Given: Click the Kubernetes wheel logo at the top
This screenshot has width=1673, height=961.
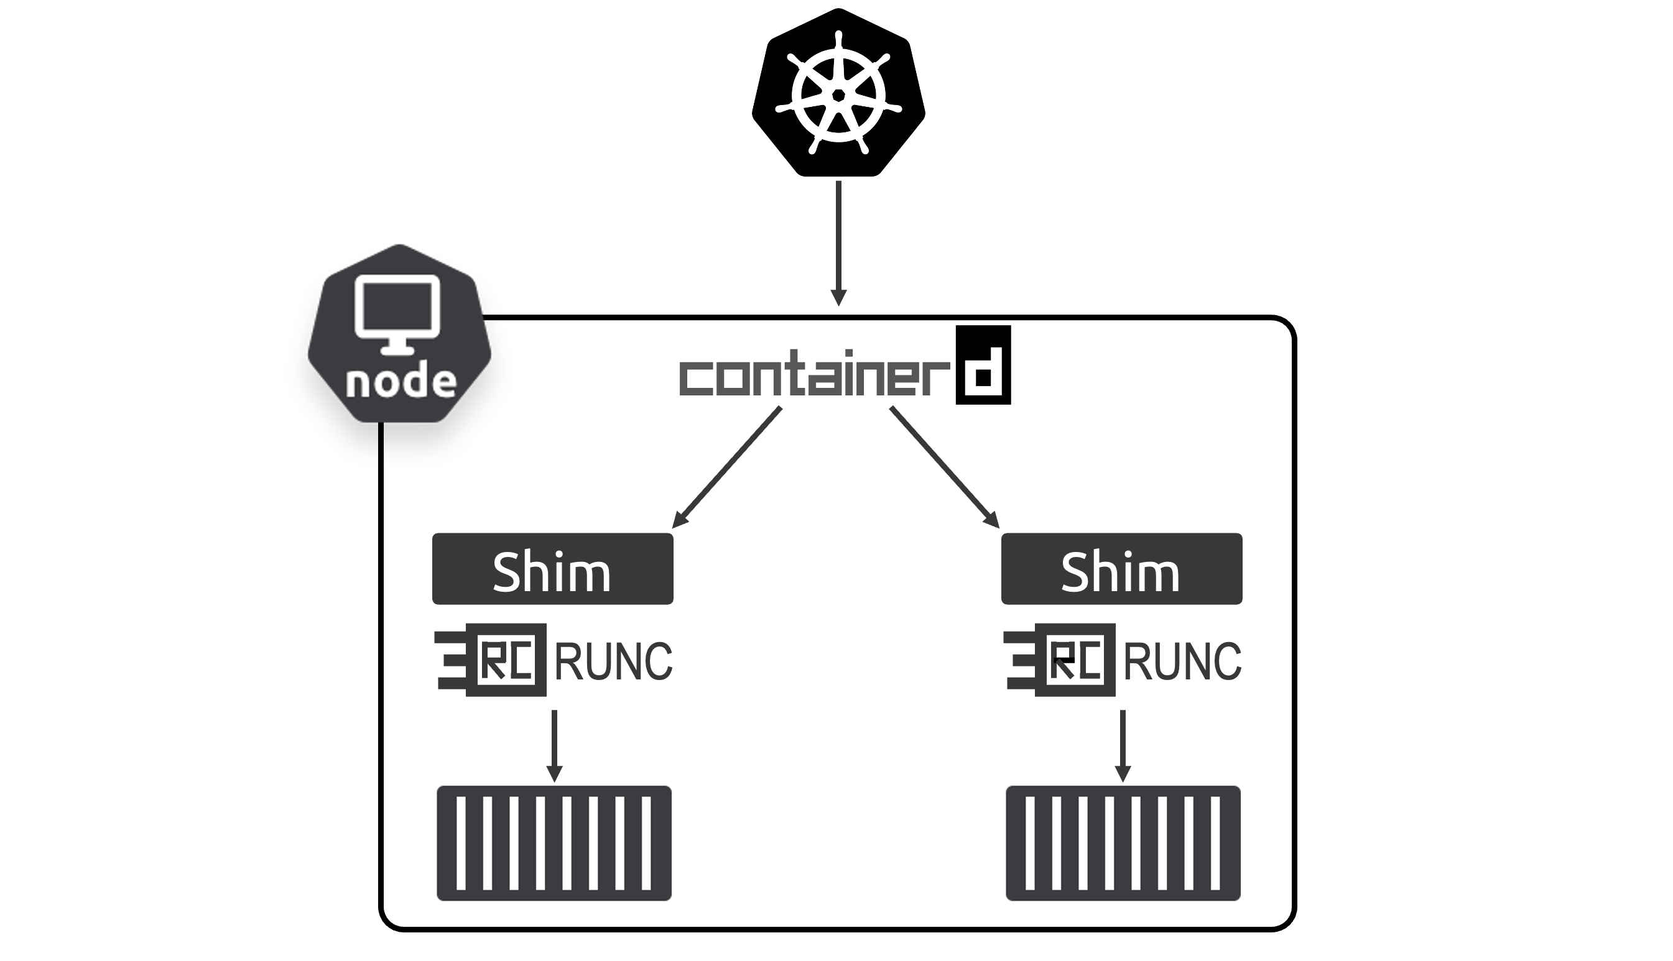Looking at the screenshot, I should [x=838, y=93].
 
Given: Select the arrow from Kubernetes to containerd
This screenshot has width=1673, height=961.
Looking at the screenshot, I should [x=838, y=237].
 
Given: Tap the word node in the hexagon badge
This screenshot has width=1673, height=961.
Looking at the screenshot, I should [x=401, y=382].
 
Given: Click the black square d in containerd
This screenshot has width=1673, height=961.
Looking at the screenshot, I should [x=983, y=366].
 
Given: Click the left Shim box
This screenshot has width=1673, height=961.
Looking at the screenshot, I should [x=553, y=569].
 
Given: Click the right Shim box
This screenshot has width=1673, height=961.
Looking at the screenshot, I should [x=1121, y=569].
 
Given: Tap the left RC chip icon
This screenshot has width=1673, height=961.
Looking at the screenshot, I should [x=493, y=660].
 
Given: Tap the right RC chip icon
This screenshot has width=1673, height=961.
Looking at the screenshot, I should [x=1061, y=660].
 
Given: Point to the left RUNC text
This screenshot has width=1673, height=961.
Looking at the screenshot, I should [x=613, y=661].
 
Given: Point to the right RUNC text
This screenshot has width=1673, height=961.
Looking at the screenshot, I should [x=1182, y=661].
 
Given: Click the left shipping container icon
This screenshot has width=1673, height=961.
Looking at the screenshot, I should [x=554, y=843].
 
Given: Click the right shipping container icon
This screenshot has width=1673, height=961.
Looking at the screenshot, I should [x=1123, y=843].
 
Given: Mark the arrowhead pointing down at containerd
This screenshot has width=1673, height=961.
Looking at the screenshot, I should [x=838, y=298].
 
